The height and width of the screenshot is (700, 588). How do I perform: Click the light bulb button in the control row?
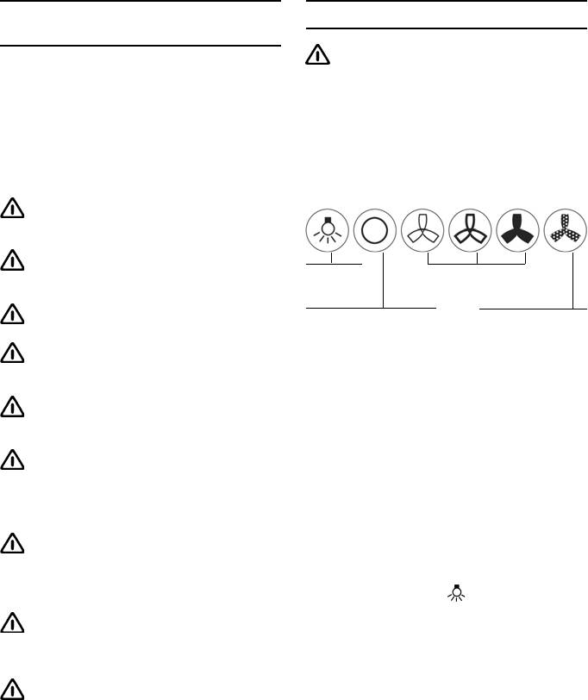pos(328,230)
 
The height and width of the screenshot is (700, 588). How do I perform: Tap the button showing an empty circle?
pos(375,230)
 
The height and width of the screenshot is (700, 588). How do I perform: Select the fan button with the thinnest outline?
pos(423,230)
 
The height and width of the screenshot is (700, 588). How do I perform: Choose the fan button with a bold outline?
pos(471,230)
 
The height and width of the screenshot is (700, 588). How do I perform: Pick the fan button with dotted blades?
pos(566,230)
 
